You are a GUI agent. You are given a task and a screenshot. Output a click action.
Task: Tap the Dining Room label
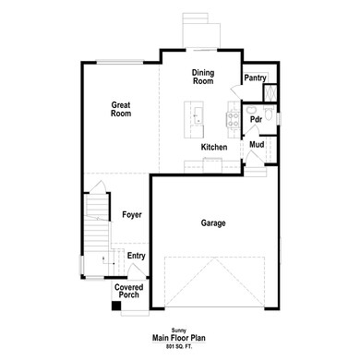(203, 77)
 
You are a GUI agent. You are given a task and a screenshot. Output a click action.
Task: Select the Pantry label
(255, 79)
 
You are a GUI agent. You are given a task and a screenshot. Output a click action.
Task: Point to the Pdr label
(256, 120)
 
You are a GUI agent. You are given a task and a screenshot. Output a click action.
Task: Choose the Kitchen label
(214, 148)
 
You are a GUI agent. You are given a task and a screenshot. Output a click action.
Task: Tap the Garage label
(213, 222)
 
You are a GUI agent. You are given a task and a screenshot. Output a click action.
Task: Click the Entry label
(136, 256)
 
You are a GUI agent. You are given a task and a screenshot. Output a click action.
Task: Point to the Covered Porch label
(128, 291)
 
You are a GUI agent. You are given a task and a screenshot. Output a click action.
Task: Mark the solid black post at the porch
(114, 306)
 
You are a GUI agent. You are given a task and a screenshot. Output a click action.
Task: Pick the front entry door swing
(137, 271)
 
